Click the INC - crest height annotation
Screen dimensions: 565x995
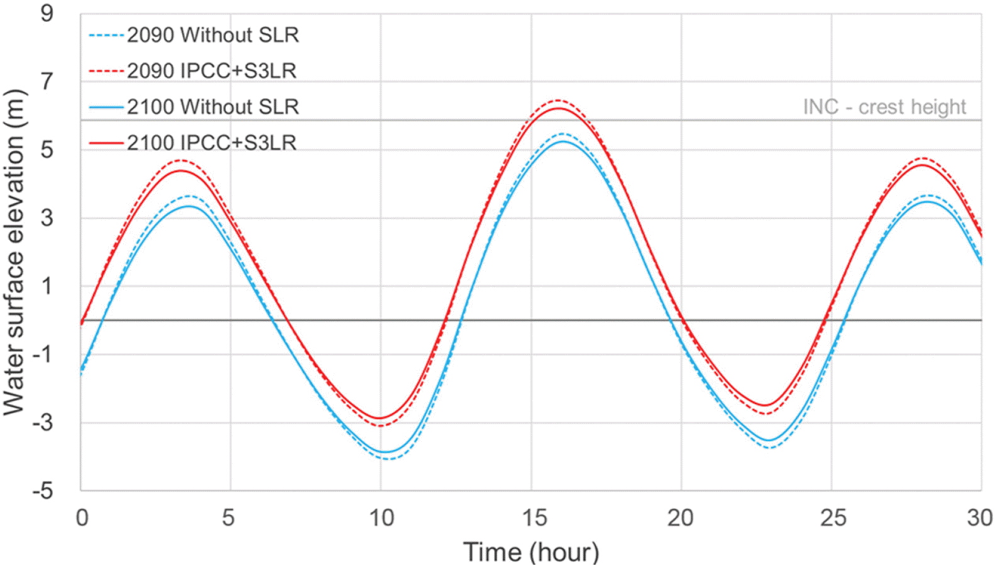(884, 107)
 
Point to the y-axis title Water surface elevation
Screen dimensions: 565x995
(14, 251)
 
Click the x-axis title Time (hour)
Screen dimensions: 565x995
(531, 552)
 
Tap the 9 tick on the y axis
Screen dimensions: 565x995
(47, 13)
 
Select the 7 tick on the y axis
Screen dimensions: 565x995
(47, 81)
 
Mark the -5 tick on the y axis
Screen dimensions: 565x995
(43, 490)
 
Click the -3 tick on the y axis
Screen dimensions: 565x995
(43, 422)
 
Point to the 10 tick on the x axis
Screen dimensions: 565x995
(381, 518)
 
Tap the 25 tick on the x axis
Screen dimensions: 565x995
(832, 518)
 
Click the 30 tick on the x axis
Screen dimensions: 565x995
(979, 518)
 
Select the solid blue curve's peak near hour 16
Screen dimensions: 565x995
(563, 141)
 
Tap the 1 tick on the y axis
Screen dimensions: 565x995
(47, 286)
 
